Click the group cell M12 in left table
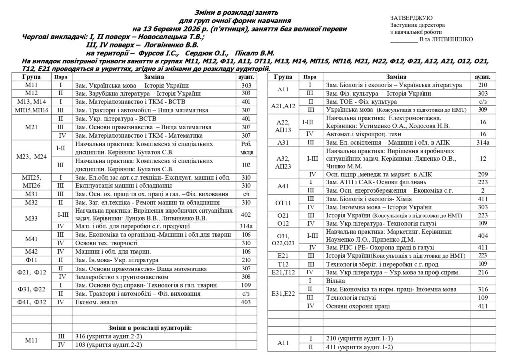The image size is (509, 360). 31,93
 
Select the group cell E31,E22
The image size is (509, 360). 284,293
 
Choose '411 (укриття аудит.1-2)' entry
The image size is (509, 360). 358,347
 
